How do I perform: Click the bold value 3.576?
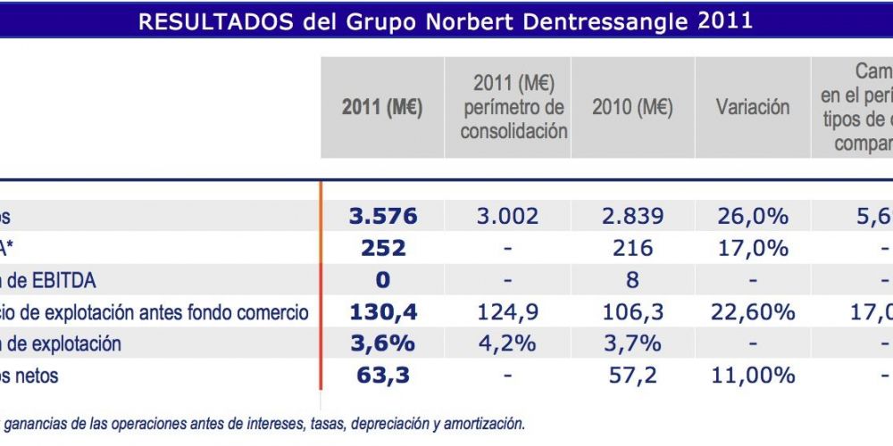point(382,216)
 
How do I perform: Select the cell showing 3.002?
point(506,216)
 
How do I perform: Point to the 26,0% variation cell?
point(753,216)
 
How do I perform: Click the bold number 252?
point(382,248)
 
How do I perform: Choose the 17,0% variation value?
point(753,248)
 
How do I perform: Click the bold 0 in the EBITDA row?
point(382,280)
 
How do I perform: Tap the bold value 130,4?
point(382,312)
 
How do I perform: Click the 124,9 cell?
point(506,312)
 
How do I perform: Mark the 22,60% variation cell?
point(753,312)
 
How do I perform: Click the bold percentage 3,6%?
point(382,343)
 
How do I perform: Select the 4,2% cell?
point(506,343)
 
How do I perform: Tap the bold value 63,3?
point(382,376)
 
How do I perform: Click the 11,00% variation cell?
point(753,376)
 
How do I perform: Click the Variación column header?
point(753,108)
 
